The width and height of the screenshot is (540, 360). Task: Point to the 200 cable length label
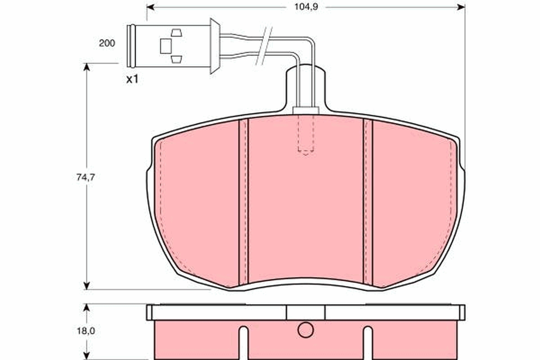[x=107, y=43]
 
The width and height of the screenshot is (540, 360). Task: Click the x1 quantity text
[x=132, y=80]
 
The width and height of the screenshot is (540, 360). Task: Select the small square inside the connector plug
[x=166, y=45]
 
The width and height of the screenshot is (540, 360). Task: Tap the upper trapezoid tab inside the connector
[x=176, y=32]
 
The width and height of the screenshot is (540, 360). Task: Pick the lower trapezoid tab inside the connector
[x=176, y=59]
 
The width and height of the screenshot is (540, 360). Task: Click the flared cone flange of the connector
[x=215, y=45]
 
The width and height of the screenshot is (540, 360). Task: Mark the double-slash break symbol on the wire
[x=264, y=46]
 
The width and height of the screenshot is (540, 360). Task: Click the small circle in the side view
[x=305, y=330]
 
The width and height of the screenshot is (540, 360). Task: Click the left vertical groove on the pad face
[x=243, y=202]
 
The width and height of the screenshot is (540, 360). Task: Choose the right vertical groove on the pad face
[x=368, y=202]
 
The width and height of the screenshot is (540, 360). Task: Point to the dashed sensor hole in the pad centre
[x=306, y=135]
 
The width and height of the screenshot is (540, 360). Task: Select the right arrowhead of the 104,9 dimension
[x=461, y=7]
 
